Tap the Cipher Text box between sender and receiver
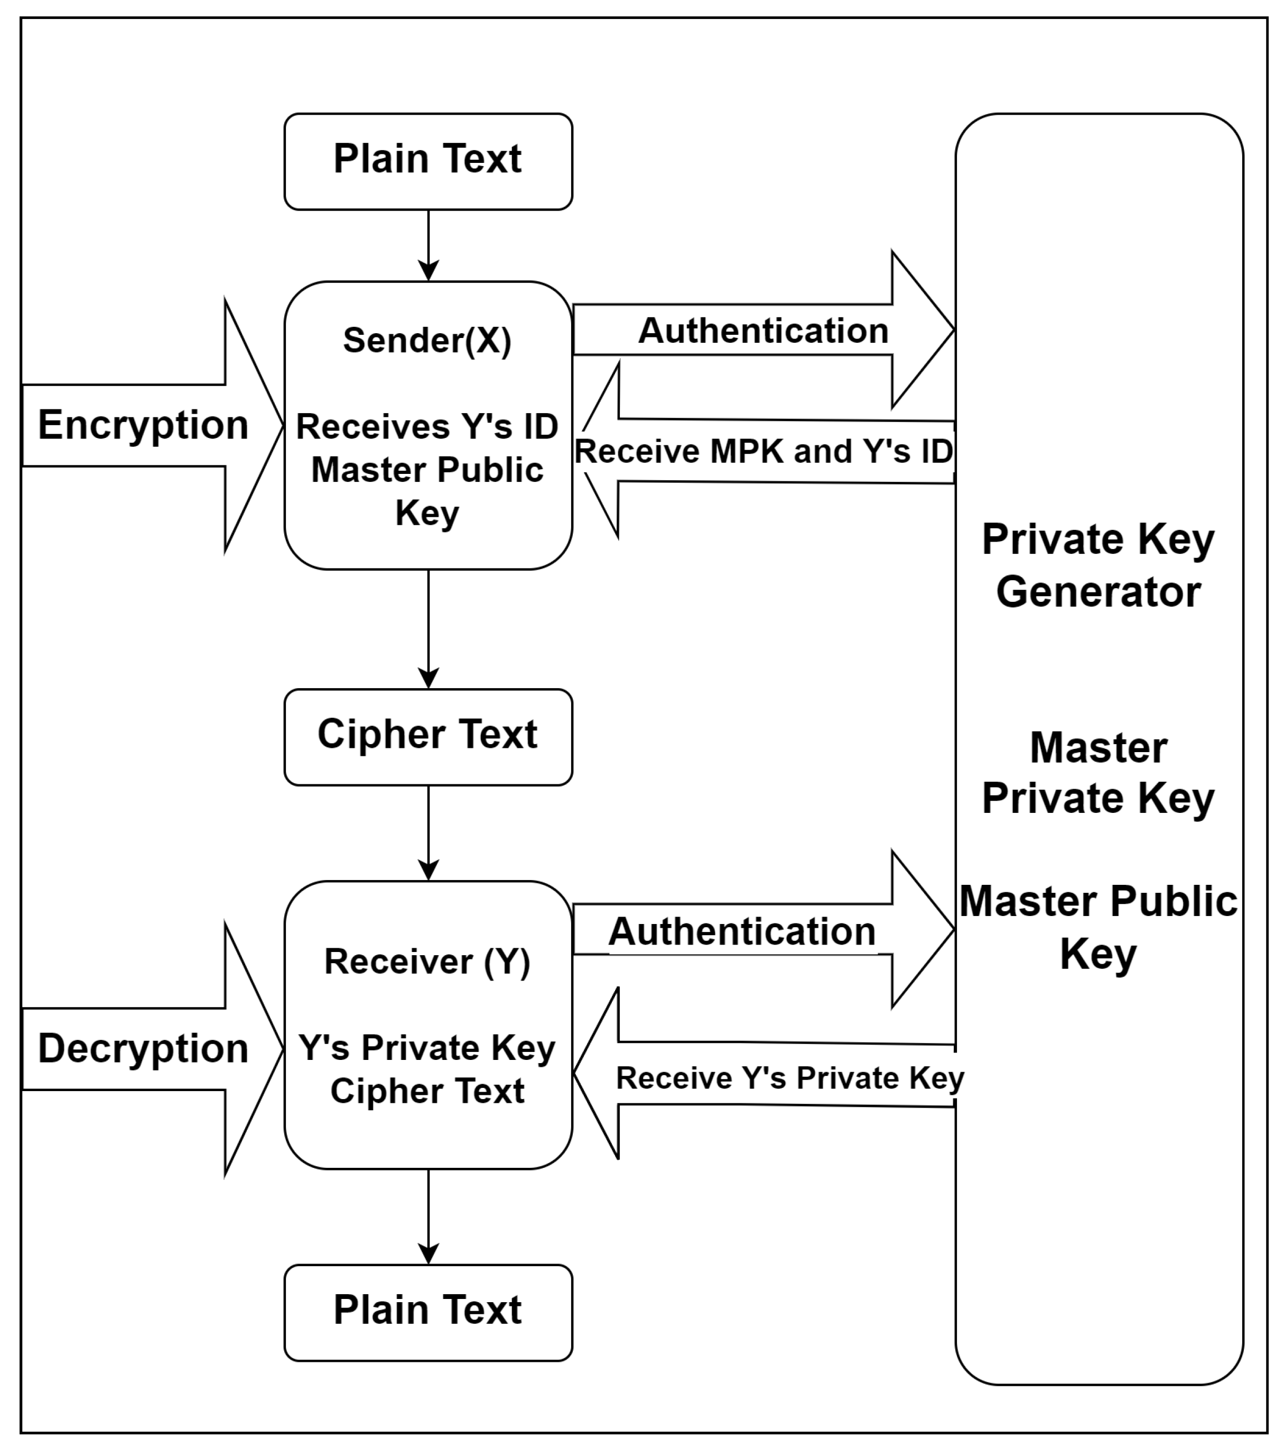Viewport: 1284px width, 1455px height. [x=427, y=736]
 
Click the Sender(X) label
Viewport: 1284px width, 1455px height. [x=427, y=340]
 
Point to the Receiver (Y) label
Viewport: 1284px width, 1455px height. [x=427, y=962]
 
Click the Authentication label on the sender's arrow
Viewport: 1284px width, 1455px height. [x=764, y=331]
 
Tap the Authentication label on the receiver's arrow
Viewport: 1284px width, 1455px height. [x=742, y=932]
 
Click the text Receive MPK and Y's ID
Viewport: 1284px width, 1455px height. [x=764, y=451]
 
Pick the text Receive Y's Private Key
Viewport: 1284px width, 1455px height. [x=789, y=1078]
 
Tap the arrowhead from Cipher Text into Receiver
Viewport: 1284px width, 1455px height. [x=428, y=871]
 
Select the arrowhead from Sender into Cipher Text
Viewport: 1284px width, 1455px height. [x=428, y=679]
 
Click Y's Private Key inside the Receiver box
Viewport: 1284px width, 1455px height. [x=427, y=1048]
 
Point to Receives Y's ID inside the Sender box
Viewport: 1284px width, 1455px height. [x=427, y=427]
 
